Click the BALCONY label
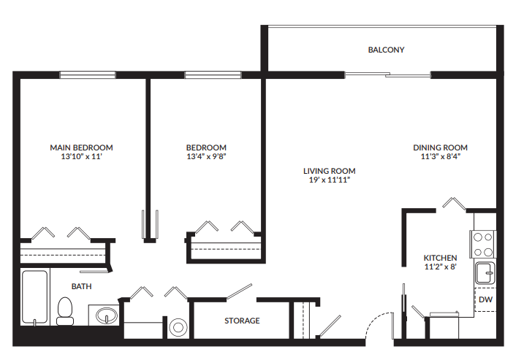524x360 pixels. [386, 50]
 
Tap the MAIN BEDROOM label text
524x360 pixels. [81, 148]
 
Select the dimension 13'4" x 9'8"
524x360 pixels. [206, 156]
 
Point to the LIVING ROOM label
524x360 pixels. [329, 171]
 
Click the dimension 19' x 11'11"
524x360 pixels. [329, 180]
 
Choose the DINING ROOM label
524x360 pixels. [440, 148]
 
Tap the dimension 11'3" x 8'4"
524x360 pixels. [440, 156]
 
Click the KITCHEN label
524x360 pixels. [440, 258]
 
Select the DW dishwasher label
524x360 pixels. [485, 299]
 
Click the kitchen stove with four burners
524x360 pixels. [483, 244]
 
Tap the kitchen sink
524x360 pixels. [485, 273]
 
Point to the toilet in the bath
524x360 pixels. [65, 311]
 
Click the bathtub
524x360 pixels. [35, 297]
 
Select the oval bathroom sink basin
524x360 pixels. [107, 315]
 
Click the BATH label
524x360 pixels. [81, 286]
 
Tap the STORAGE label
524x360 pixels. [242, 321]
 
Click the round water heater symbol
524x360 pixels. [178, 328]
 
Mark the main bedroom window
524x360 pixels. [88, 74]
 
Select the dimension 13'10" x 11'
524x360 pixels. [81, 156]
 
